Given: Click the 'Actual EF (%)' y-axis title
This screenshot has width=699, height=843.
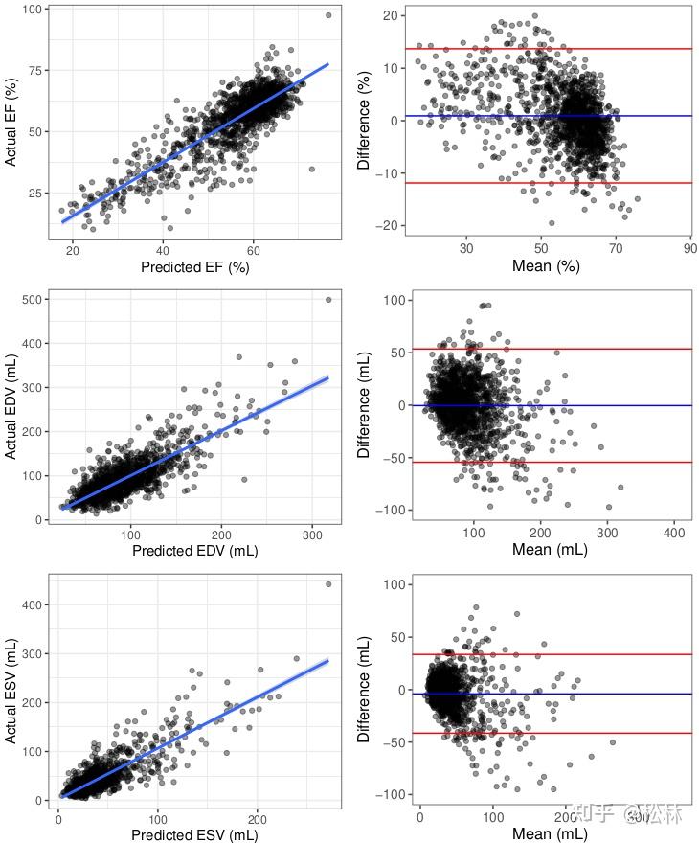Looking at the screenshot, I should pyautogui.click(x=11, y=122).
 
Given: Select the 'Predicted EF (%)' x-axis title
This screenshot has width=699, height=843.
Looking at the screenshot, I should pyautogui.click(x=194, y=267).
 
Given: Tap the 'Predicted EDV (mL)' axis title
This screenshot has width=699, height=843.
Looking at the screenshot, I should pyautogui.click(x=194, y=551).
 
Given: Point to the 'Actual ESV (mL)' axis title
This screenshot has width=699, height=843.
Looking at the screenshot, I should pyautogui.click(x=11, y=688).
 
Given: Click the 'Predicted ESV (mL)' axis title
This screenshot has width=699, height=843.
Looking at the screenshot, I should pyautogui.click(x=194, y=834).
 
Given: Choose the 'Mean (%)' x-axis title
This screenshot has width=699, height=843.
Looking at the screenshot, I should pyautogui.click(x=545, y=267).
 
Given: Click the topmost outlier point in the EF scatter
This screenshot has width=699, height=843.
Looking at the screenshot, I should pyautogui.click(x=328, y=15).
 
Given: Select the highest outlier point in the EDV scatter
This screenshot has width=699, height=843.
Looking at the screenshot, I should pyautogui.click(x=328, y=299).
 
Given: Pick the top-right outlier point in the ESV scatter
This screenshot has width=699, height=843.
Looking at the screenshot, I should pyautogui.click(x=328, y=583).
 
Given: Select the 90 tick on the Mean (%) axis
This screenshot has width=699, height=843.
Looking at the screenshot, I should pyautogui.click(x=689, y=246).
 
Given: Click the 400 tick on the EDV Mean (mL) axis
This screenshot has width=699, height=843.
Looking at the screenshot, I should pyautogui.click(x=673, y=532).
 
